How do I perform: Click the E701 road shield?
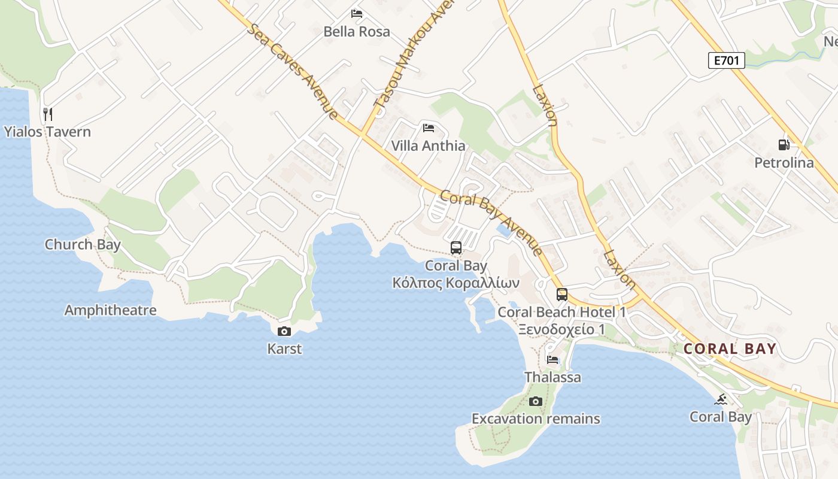click(726, 60)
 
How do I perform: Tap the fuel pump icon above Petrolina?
click(784, 144)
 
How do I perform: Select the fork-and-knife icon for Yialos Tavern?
click(48, 114)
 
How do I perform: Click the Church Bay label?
click(83, 244)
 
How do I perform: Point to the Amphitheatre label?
click(110, 310)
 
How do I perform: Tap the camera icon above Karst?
click(284, 331)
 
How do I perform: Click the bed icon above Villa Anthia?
click(428, 128)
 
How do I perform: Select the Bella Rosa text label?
click(357, 31)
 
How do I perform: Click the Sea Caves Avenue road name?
click(294, 71)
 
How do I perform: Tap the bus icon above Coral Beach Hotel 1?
click(561, 294)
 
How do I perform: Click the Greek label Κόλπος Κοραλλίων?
click(456, 283)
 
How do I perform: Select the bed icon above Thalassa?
click(552, 360)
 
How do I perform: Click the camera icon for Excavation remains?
click(536, 401)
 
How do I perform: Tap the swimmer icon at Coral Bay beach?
click(721, 399)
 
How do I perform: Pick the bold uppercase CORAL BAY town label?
click(730, 348)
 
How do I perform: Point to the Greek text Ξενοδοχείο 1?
click(561, 329)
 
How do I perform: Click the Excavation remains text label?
click(536, 419)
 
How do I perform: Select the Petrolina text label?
click(784, 163)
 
